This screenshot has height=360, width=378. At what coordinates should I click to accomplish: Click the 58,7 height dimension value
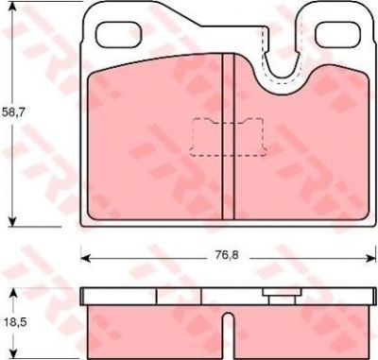13,112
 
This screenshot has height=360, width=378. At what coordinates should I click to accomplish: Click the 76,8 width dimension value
227,255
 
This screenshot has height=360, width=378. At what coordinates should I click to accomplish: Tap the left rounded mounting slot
118,34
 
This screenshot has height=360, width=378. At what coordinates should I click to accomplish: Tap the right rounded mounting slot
337,34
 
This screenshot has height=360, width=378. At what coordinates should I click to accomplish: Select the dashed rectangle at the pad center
228,137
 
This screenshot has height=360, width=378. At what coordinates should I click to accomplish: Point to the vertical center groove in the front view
228,136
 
